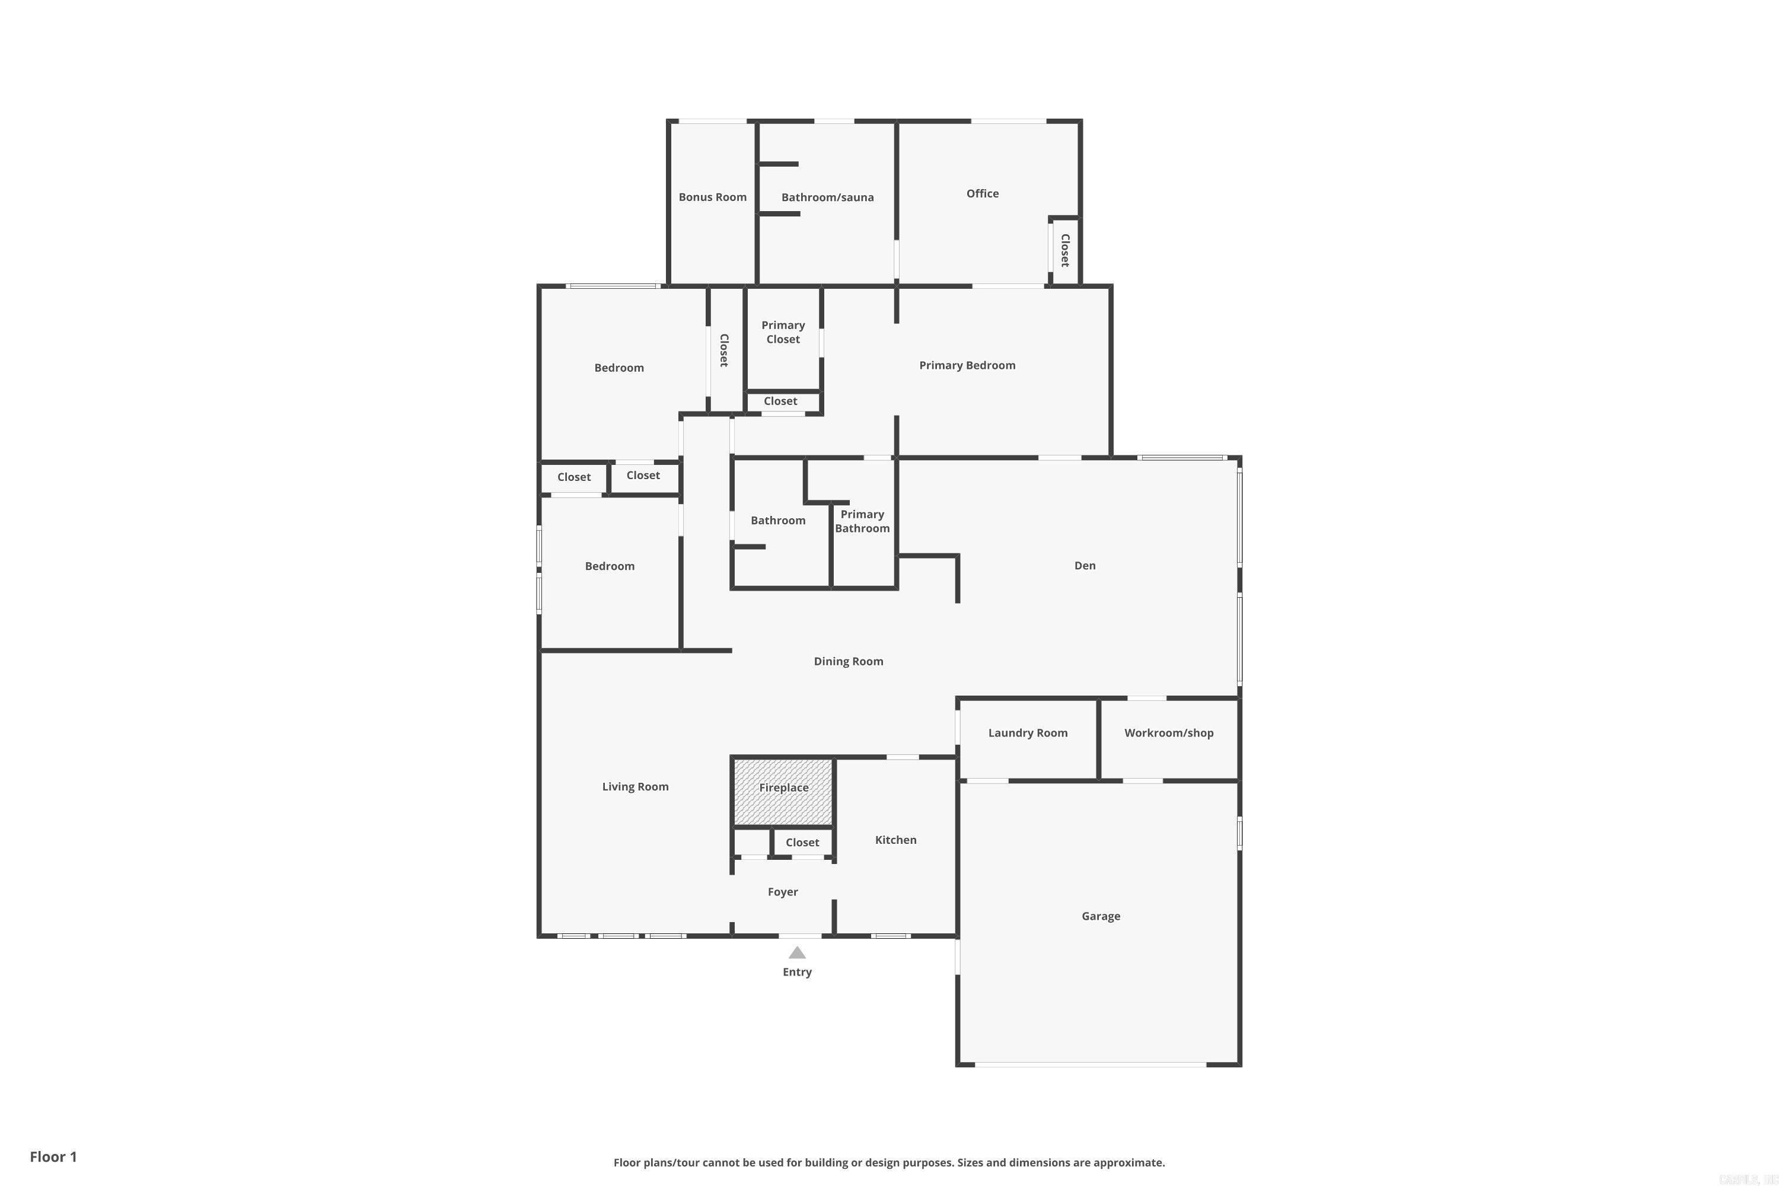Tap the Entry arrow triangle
point(797,953)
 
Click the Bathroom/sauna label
point(827,197)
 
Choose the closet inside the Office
point(1065,250)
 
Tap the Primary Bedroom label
point(967,365)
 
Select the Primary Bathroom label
point(862,521)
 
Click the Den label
point(1085,566)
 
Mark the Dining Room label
point(848,661)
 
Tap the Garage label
point(1101,916)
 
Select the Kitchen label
point(895,840)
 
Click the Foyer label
point(782,892)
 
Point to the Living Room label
point(635,787)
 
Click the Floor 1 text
point(53,1156)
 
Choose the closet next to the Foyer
point(802,843)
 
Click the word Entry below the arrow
point(796,972)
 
